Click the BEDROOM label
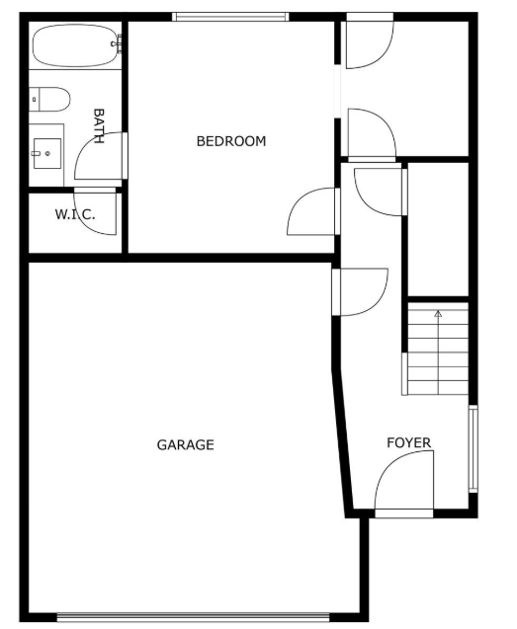pos(231,141)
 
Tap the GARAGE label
pos(185,445)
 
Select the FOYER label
pos(408,442)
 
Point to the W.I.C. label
pos(75,214)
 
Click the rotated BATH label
pos(99,126)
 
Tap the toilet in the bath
pos(49,99)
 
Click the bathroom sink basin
pos(47,154)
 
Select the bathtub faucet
pos(118,43)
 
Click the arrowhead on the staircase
pos(438,314)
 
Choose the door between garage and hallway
pos(360,292)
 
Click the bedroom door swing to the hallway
pos(313,211)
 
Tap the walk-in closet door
pos(95,211)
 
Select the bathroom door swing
pos(101,156)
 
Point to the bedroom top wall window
pos(230,17)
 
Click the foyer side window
pos(474,448)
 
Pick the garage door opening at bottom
pos(193,616)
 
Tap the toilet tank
pos(35,99)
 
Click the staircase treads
pos(438,349)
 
